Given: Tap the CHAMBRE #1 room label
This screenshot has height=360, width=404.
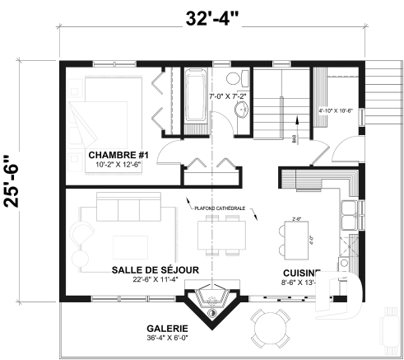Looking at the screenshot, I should click(118, 155).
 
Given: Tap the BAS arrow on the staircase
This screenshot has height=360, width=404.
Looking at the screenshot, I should click(295, 142).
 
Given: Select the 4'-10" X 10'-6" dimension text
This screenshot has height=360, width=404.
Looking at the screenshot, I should click(336, 110).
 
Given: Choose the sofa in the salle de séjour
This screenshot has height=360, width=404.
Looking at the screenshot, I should click(136, 210).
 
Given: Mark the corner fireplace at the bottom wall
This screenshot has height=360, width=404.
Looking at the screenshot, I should click(213, 304).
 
